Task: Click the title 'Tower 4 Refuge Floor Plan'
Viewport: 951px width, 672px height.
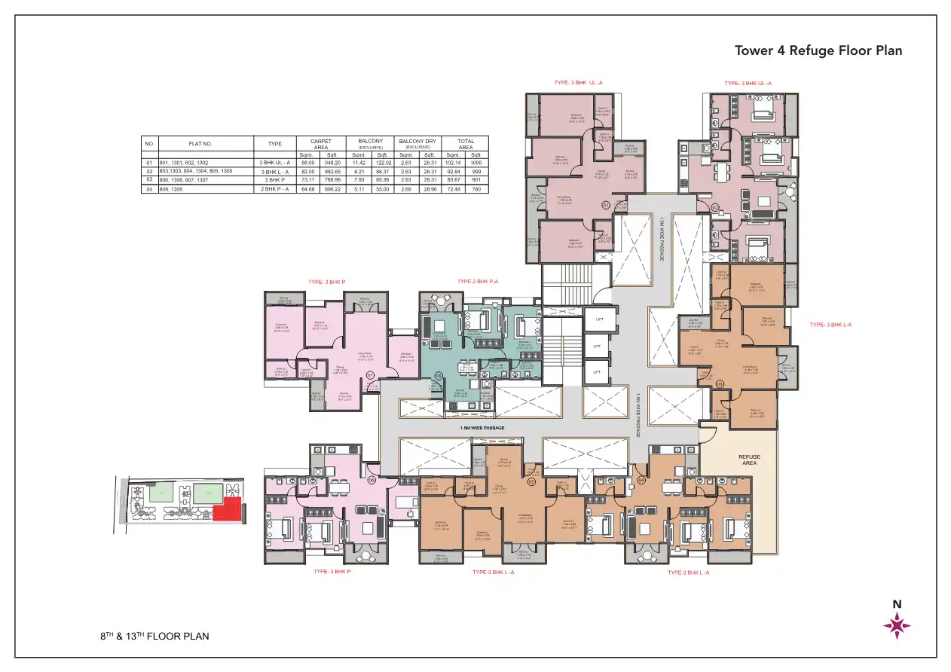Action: (x=818, y=51)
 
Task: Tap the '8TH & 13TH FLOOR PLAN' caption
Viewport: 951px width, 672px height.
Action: (x=154, y=636)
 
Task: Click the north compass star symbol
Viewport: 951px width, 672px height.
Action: (x=897, y=625)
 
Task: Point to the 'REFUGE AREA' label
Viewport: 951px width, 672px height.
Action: (x=749, y=460)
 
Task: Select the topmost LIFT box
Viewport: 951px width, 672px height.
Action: (x=599, y=319)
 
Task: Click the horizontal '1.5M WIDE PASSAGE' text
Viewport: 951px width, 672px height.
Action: (x=482, y=428)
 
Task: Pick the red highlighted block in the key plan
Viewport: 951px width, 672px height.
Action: (x=227, y=509)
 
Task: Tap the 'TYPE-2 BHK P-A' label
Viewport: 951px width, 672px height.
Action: (x=478, y=282)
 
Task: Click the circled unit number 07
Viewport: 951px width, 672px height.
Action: (x=370, y=374)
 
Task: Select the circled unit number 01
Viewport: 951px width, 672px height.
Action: (x=604, y=205)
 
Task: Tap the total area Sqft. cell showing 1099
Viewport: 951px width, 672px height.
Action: (x=475, y=163)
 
